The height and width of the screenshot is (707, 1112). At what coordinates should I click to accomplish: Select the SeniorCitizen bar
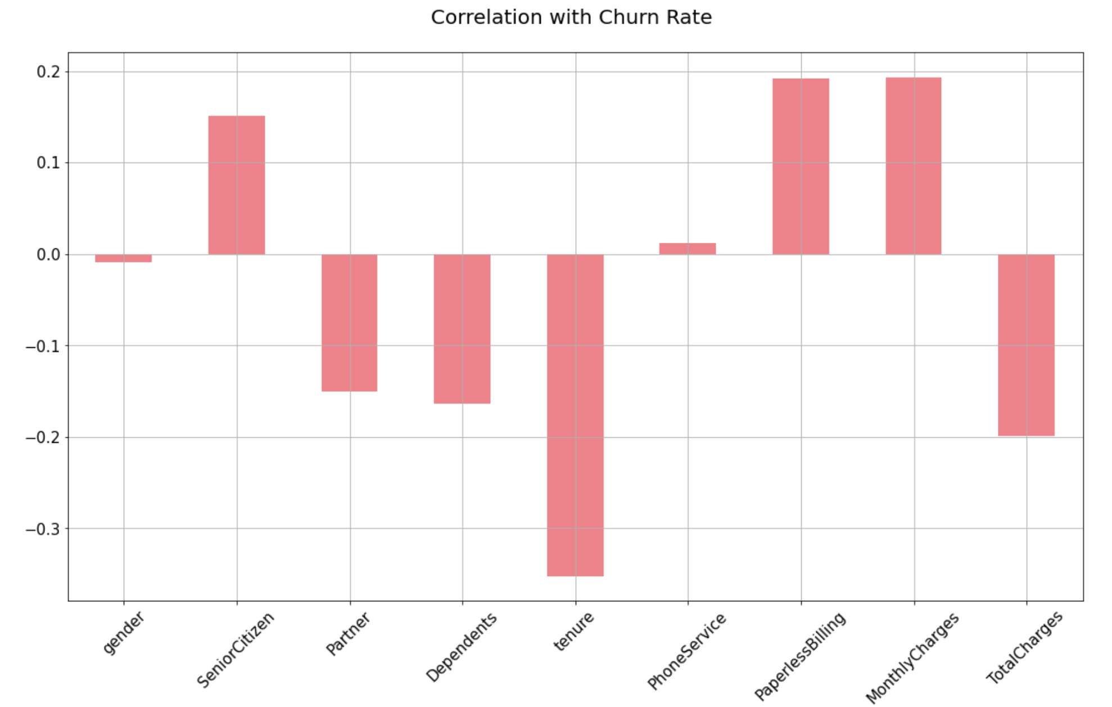(237, 185)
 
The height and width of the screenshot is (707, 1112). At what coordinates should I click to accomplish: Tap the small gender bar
(123, 259)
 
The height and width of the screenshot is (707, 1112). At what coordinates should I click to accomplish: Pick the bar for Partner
(349, 323)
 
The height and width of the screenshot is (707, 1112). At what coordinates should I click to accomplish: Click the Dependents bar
(462, 329)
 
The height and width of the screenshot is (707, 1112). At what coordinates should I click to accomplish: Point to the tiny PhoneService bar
(688, 248)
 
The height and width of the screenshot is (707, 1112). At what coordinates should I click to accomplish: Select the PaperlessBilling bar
(801, 166)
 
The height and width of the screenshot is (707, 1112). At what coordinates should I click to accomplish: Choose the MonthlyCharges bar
(914, 166)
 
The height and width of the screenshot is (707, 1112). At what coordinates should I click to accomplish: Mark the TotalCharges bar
(1026, 345)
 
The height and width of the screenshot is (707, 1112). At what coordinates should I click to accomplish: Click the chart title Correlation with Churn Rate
(571, 17)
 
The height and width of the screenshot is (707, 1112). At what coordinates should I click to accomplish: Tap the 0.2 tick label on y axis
(48, 72)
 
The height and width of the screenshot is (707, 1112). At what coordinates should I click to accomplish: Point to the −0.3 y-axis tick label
(43, 529)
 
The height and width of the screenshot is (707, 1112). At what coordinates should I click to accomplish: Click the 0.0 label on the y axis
(48, 255)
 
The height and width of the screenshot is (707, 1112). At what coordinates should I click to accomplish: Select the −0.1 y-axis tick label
(43, 346)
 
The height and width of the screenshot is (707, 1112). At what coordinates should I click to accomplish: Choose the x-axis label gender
(123, 632)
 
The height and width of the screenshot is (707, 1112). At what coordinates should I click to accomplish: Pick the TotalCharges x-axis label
(1024, 647)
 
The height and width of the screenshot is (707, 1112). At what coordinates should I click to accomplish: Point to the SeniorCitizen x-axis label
(236, 649)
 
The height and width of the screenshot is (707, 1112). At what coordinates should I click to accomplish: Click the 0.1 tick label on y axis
(48, 163)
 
